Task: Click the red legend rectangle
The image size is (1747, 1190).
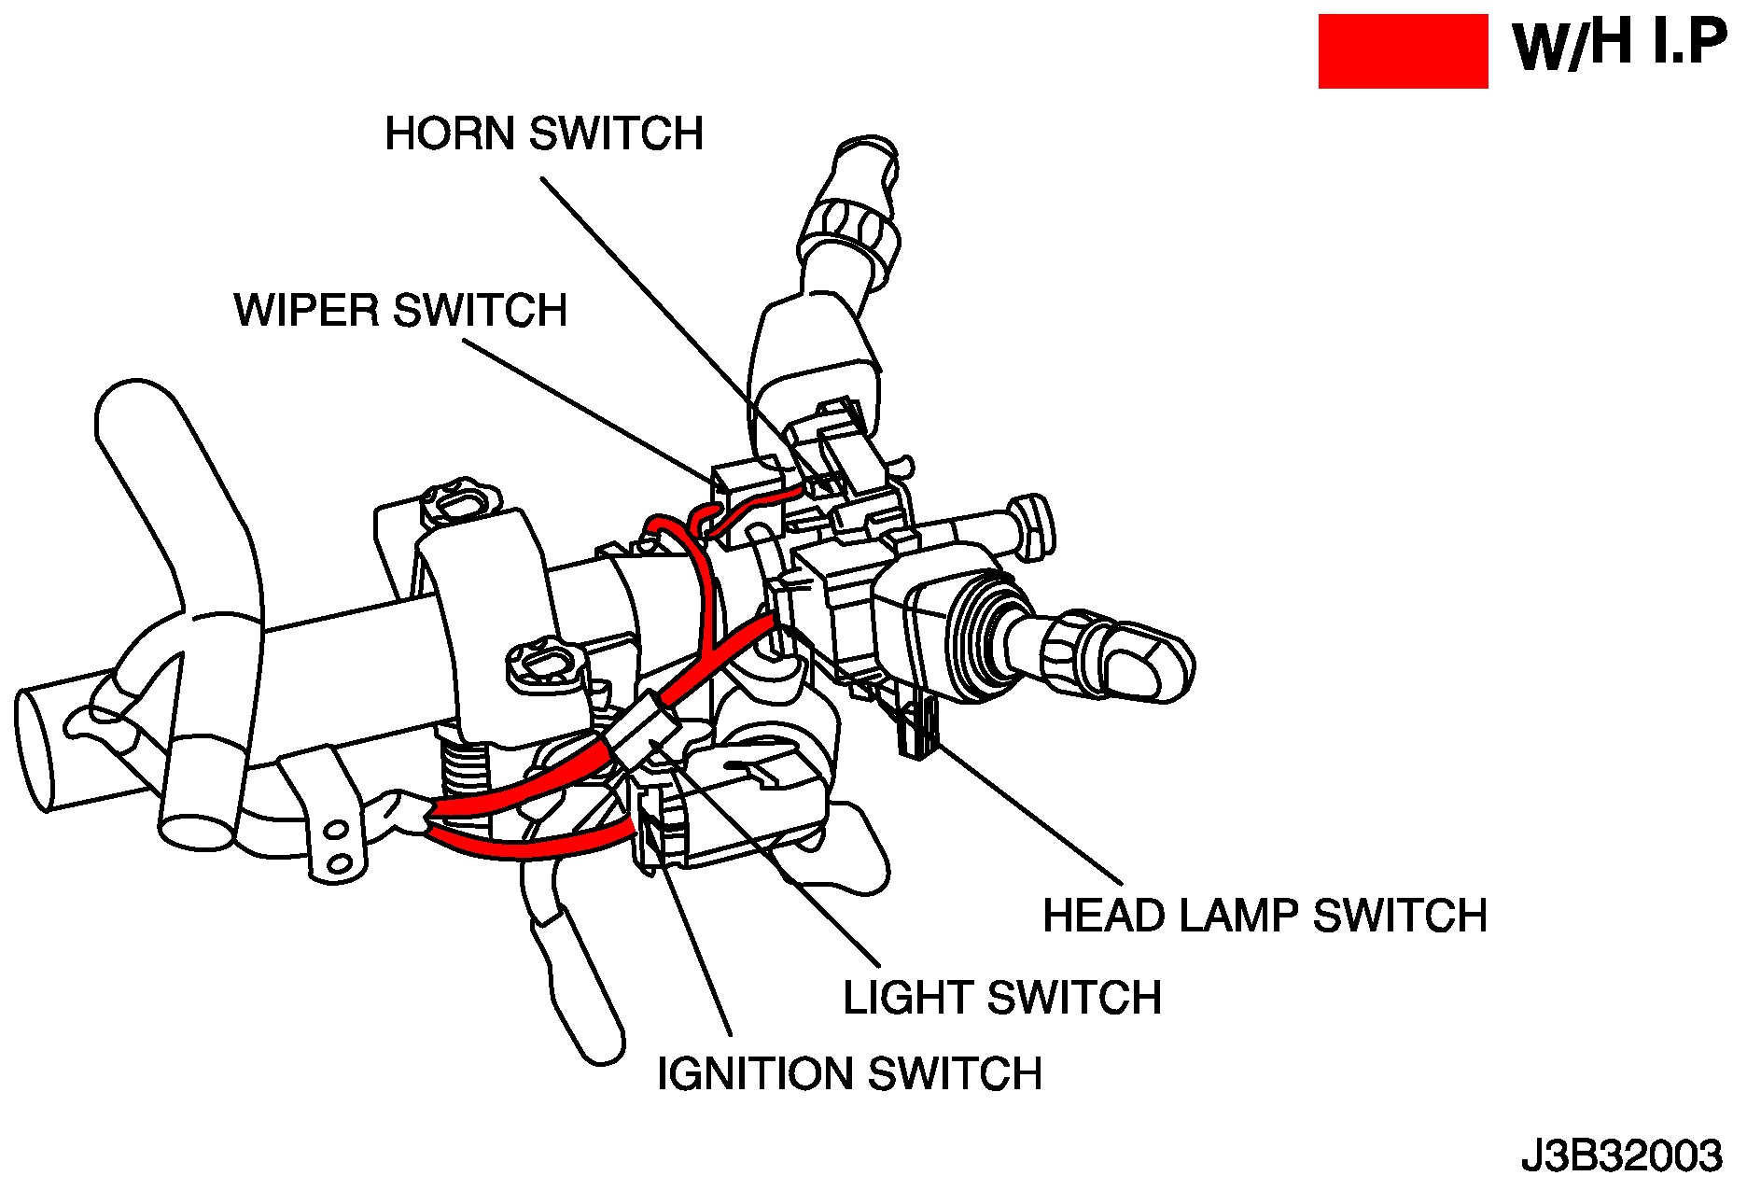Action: click(x=1402, y=51)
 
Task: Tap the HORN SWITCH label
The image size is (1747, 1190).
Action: click(x=544, y=134)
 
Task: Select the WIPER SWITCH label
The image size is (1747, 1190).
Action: click(x=400, y=310)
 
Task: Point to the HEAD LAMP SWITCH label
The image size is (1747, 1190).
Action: click(x=1265, y=916)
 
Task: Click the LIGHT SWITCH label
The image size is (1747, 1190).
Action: click(x=1001, y=998)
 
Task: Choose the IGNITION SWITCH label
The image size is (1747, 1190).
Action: click(x=849, y=1074)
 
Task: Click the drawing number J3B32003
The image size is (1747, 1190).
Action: click(x=1621, y=1155)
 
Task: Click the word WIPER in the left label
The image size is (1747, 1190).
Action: click(x=307, y=310)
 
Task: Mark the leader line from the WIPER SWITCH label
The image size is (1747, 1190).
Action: click(x=588, y=411)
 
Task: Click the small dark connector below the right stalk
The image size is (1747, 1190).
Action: click(x=917, y=728)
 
